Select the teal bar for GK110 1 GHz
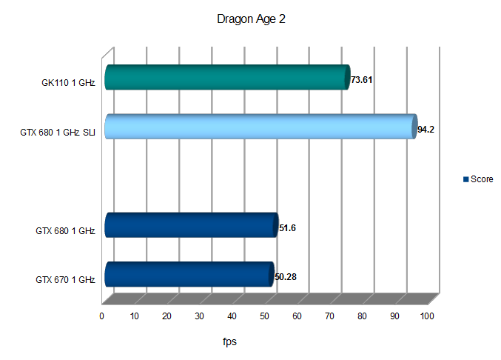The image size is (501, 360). click(226, 78)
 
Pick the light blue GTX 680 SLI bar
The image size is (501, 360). click(259, 127)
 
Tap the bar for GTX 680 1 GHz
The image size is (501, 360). click(190, 225)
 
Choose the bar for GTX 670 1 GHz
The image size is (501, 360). click(188, 274)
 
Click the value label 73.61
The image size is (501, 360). click(361, 80)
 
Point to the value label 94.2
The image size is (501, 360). click(426, 130)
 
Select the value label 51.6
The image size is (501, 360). click(287, 228)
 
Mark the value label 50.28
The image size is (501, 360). click(286, 278)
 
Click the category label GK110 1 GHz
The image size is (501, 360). click(69, 83)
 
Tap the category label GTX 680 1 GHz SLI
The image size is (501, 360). click(58, 133)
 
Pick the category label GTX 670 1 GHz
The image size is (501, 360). click(65, 280)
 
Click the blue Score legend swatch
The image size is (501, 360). click(465, 179)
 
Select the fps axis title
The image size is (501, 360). click(230, 342)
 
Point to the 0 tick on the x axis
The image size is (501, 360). click(102, 316)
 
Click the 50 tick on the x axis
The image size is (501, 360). click(264, 316)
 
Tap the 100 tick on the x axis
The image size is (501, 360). click(426, 316)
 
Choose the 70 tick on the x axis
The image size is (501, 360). click(329, 316)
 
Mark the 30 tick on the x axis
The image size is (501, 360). click(199, 316)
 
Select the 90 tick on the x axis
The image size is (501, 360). click(394, 316)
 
